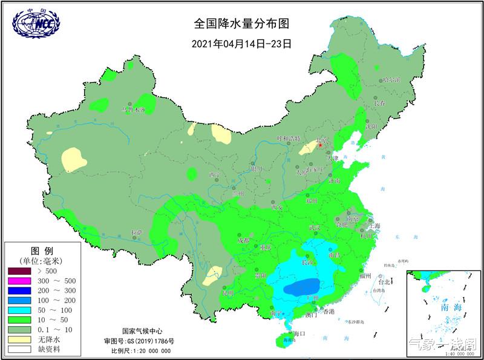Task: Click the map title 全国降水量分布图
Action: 241,24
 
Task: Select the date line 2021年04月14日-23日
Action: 241,44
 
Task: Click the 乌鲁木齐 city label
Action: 134,110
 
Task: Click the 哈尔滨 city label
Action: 391,80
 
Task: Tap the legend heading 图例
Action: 42,250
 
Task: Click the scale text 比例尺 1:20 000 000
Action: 140,350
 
